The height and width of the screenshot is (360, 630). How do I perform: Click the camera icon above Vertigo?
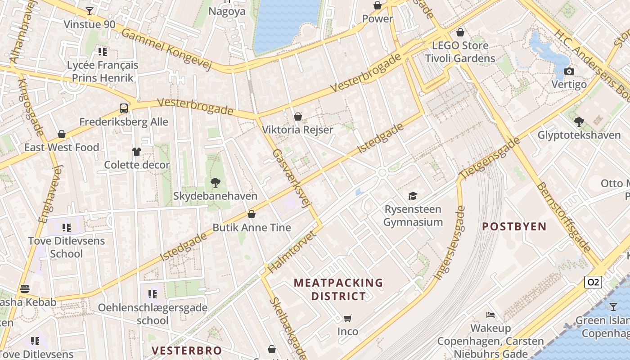pos(569,72)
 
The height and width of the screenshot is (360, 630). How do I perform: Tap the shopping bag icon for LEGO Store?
pos(460,32)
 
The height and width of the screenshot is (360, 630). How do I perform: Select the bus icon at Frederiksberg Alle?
pos(124,108)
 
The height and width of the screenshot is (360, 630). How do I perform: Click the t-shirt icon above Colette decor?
pos(137,152)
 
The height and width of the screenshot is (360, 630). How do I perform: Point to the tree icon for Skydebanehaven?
pos(216,183)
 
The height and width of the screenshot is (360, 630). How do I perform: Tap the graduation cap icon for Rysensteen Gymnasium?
pos(413,196)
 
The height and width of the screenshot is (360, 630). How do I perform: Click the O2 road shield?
pos(593,282)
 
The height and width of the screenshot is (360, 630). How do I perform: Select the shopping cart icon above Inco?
pos(347,319)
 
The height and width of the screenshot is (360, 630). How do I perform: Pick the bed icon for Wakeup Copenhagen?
pos(490,315)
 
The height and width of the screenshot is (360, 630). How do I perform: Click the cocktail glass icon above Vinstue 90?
pos(90,11)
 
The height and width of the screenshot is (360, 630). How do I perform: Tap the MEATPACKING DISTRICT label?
pos(338,289)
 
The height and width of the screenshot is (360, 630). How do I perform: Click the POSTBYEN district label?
pos(514,226)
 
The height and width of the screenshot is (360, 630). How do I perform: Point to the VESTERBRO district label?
pos(186,351)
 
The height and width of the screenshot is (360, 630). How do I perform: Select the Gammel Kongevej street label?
pos(166,50)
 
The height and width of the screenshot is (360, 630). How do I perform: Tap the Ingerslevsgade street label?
pos(449,243)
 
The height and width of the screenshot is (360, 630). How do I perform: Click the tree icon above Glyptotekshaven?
pos(579,121)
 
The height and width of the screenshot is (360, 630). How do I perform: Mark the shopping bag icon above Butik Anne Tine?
pos(252,214)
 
